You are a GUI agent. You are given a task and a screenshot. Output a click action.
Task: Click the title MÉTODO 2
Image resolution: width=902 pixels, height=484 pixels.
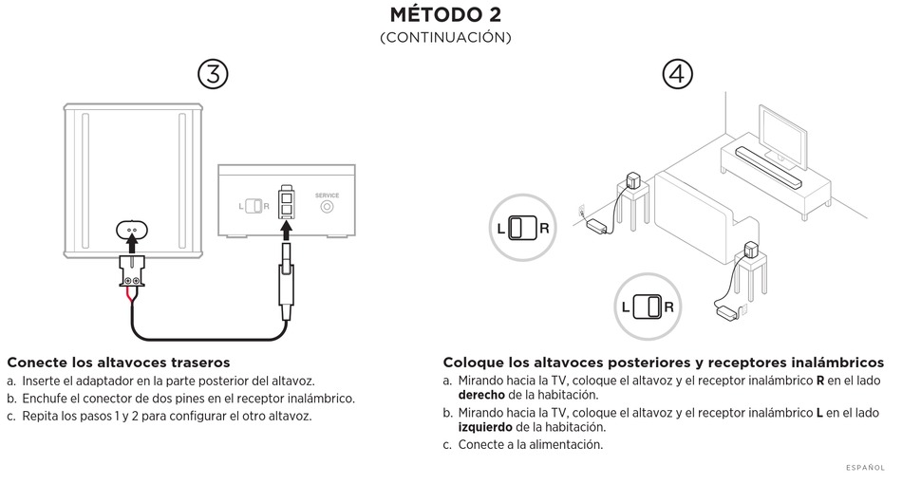445,15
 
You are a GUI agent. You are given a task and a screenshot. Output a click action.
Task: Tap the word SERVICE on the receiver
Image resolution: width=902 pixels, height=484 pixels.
326,195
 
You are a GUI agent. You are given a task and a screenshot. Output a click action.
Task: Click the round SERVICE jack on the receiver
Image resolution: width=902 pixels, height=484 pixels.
326,206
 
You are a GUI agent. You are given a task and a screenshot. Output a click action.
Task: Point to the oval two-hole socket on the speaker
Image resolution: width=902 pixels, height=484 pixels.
134,229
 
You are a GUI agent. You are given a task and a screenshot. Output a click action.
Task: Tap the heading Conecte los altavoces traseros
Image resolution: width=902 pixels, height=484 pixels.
119,363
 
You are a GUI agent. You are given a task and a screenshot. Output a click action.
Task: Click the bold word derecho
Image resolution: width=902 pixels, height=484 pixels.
481,394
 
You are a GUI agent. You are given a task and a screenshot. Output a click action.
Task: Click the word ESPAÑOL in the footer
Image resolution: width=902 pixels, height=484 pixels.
865,467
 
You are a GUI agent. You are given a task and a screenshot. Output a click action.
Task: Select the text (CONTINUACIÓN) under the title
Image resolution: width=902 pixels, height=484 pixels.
445,38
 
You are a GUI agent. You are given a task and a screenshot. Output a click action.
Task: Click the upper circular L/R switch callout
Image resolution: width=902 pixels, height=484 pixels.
523,229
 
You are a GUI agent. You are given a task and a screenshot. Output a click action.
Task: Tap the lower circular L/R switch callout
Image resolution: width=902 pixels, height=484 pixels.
648,307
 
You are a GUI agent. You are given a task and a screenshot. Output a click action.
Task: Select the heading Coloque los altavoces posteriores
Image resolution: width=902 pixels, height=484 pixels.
663,363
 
